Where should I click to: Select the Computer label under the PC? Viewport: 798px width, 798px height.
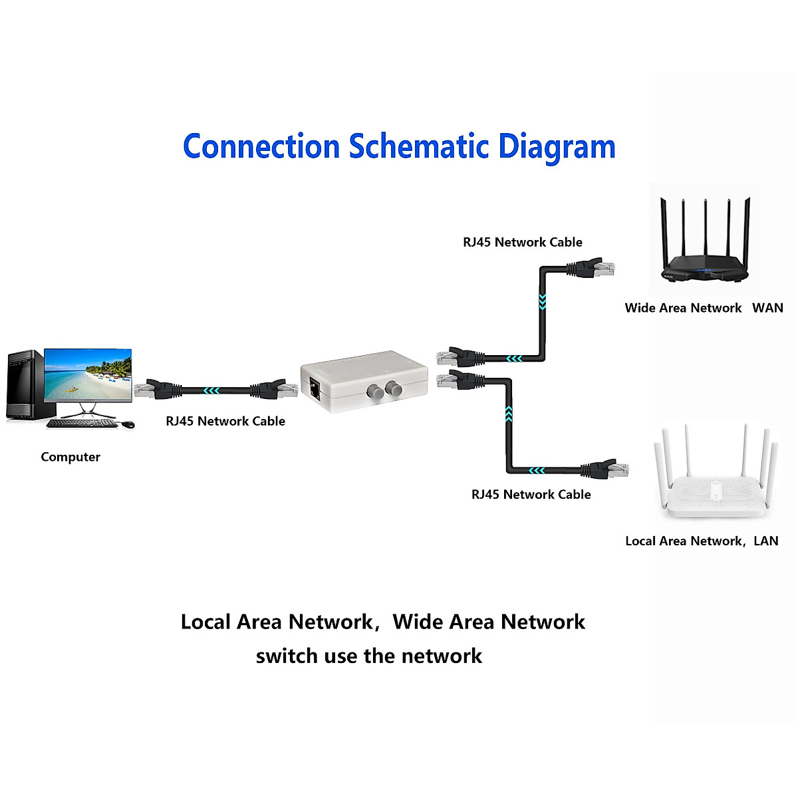pos(70,457)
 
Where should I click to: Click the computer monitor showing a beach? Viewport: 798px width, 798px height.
pos(88,376)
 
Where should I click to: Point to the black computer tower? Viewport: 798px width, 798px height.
pos(25,386)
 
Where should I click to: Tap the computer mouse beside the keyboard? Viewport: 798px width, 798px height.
pos(127,424)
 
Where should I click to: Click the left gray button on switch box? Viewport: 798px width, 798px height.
pos(374,392)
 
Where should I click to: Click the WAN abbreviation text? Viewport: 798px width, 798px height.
pos(767,308)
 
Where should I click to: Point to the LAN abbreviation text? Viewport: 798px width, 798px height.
pos(765,541)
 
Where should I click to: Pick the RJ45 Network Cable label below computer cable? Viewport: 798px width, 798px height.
pos(225,421)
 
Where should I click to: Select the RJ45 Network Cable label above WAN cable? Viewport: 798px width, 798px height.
pos(523,242)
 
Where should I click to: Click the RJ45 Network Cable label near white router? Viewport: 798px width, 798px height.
pos(531,494)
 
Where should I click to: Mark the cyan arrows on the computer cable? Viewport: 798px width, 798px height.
pos(211,390)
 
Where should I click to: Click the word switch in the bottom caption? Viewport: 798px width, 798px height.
pos(287,656)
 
